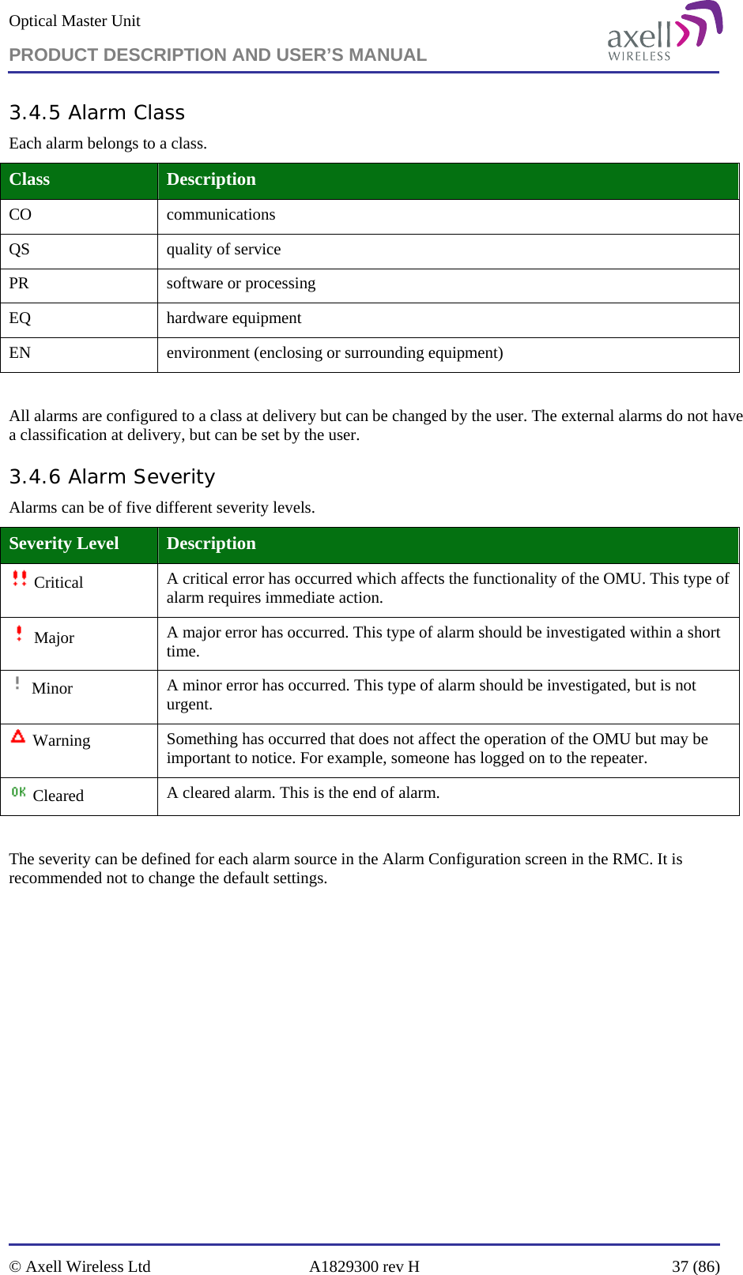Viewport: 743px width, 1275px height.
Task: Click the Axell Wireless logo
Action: pyautogui.click(x=664, y=33)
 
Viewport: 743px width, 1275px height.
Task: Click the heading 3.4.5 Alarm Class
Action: pyautogui.click(x=96, y=113)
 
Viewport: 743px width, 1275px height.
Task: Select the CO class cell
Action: pyautogui.click(x=21, y=215)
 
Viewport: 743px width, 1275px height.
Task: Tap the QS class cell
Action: pyautogui.click(x=20, y=250)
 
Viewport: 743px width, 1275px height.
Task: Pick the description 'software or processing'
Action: pyautogui.click(x=240, y=284)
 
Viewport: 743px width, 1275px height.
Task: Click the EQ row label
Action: pyautogui.click(x=21, y=318)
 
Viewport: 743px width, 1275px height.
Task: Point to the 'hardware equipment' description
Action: pyautogui.click(x=233, y=318)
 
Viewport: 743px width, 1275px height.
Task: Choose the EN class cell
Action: pyautogui.click(x=21, y=353)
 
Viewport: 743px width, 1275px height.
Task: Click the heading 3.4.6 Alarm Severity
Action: pyautogui.click(x=111, y=477)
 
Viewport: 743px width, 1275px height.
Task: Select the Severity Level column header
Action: pyautogui.click(x=64, y=543)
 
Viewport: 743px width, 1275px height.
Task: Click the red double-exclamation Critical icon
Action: pyautogui.click(x=20, y=579)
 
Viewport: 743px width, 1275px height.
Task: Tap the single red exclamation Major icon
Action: pyautogui.click(x=19, y=634)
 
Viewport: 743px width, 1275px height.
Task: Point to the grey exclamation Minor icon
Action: pyautogui.click(x=17, y=683)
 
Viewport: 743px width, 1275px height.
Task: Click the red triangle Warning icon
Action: pyautogui.click(x=18, y=737)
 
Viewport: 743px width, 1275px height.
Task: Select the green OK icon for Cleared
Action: pyautogui.click(x=19, y=792)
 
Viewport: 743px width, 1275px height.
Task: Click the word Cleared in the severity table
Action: pyautogui.click(x=58, y=795)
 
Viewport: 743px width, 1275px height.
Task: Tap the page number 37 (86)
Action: pyautogui.click(x=696, y=1266)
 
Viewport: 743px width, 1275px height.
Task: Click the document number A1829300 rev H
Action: pyautogui.click(x=364, y=1266)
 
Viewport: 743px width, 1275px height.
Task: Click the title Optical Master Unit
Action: pyautogui.click(x=74, y=21)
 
